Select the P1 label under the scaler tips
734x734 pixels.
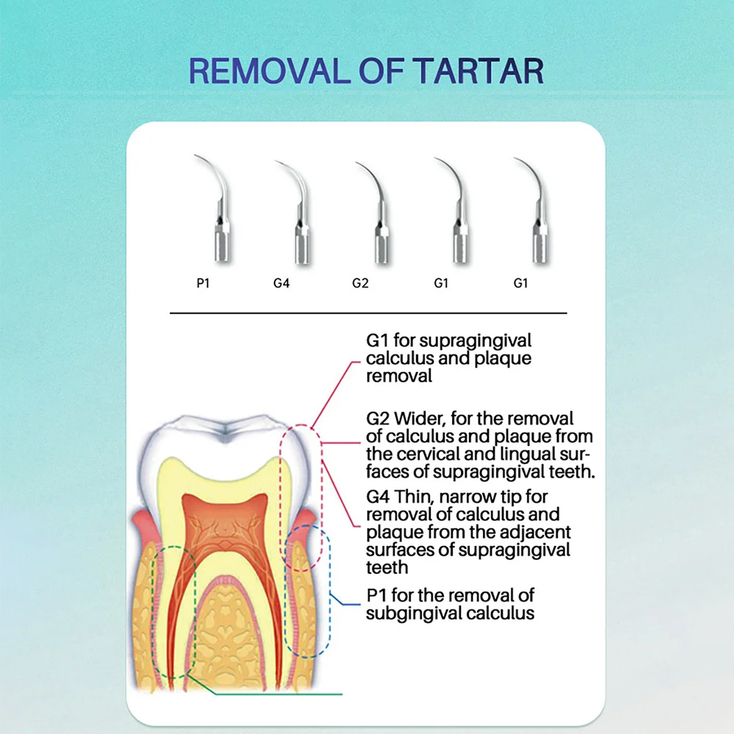tap(203, 283)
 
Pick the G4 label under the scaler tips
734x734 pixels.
tap(281, 283)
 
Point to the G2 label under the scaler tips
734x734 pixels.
tap(360, 283)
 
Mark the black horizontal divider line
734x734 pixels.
tap(368, 313)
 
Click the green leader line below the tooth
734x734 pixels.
tap(265, 694)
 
